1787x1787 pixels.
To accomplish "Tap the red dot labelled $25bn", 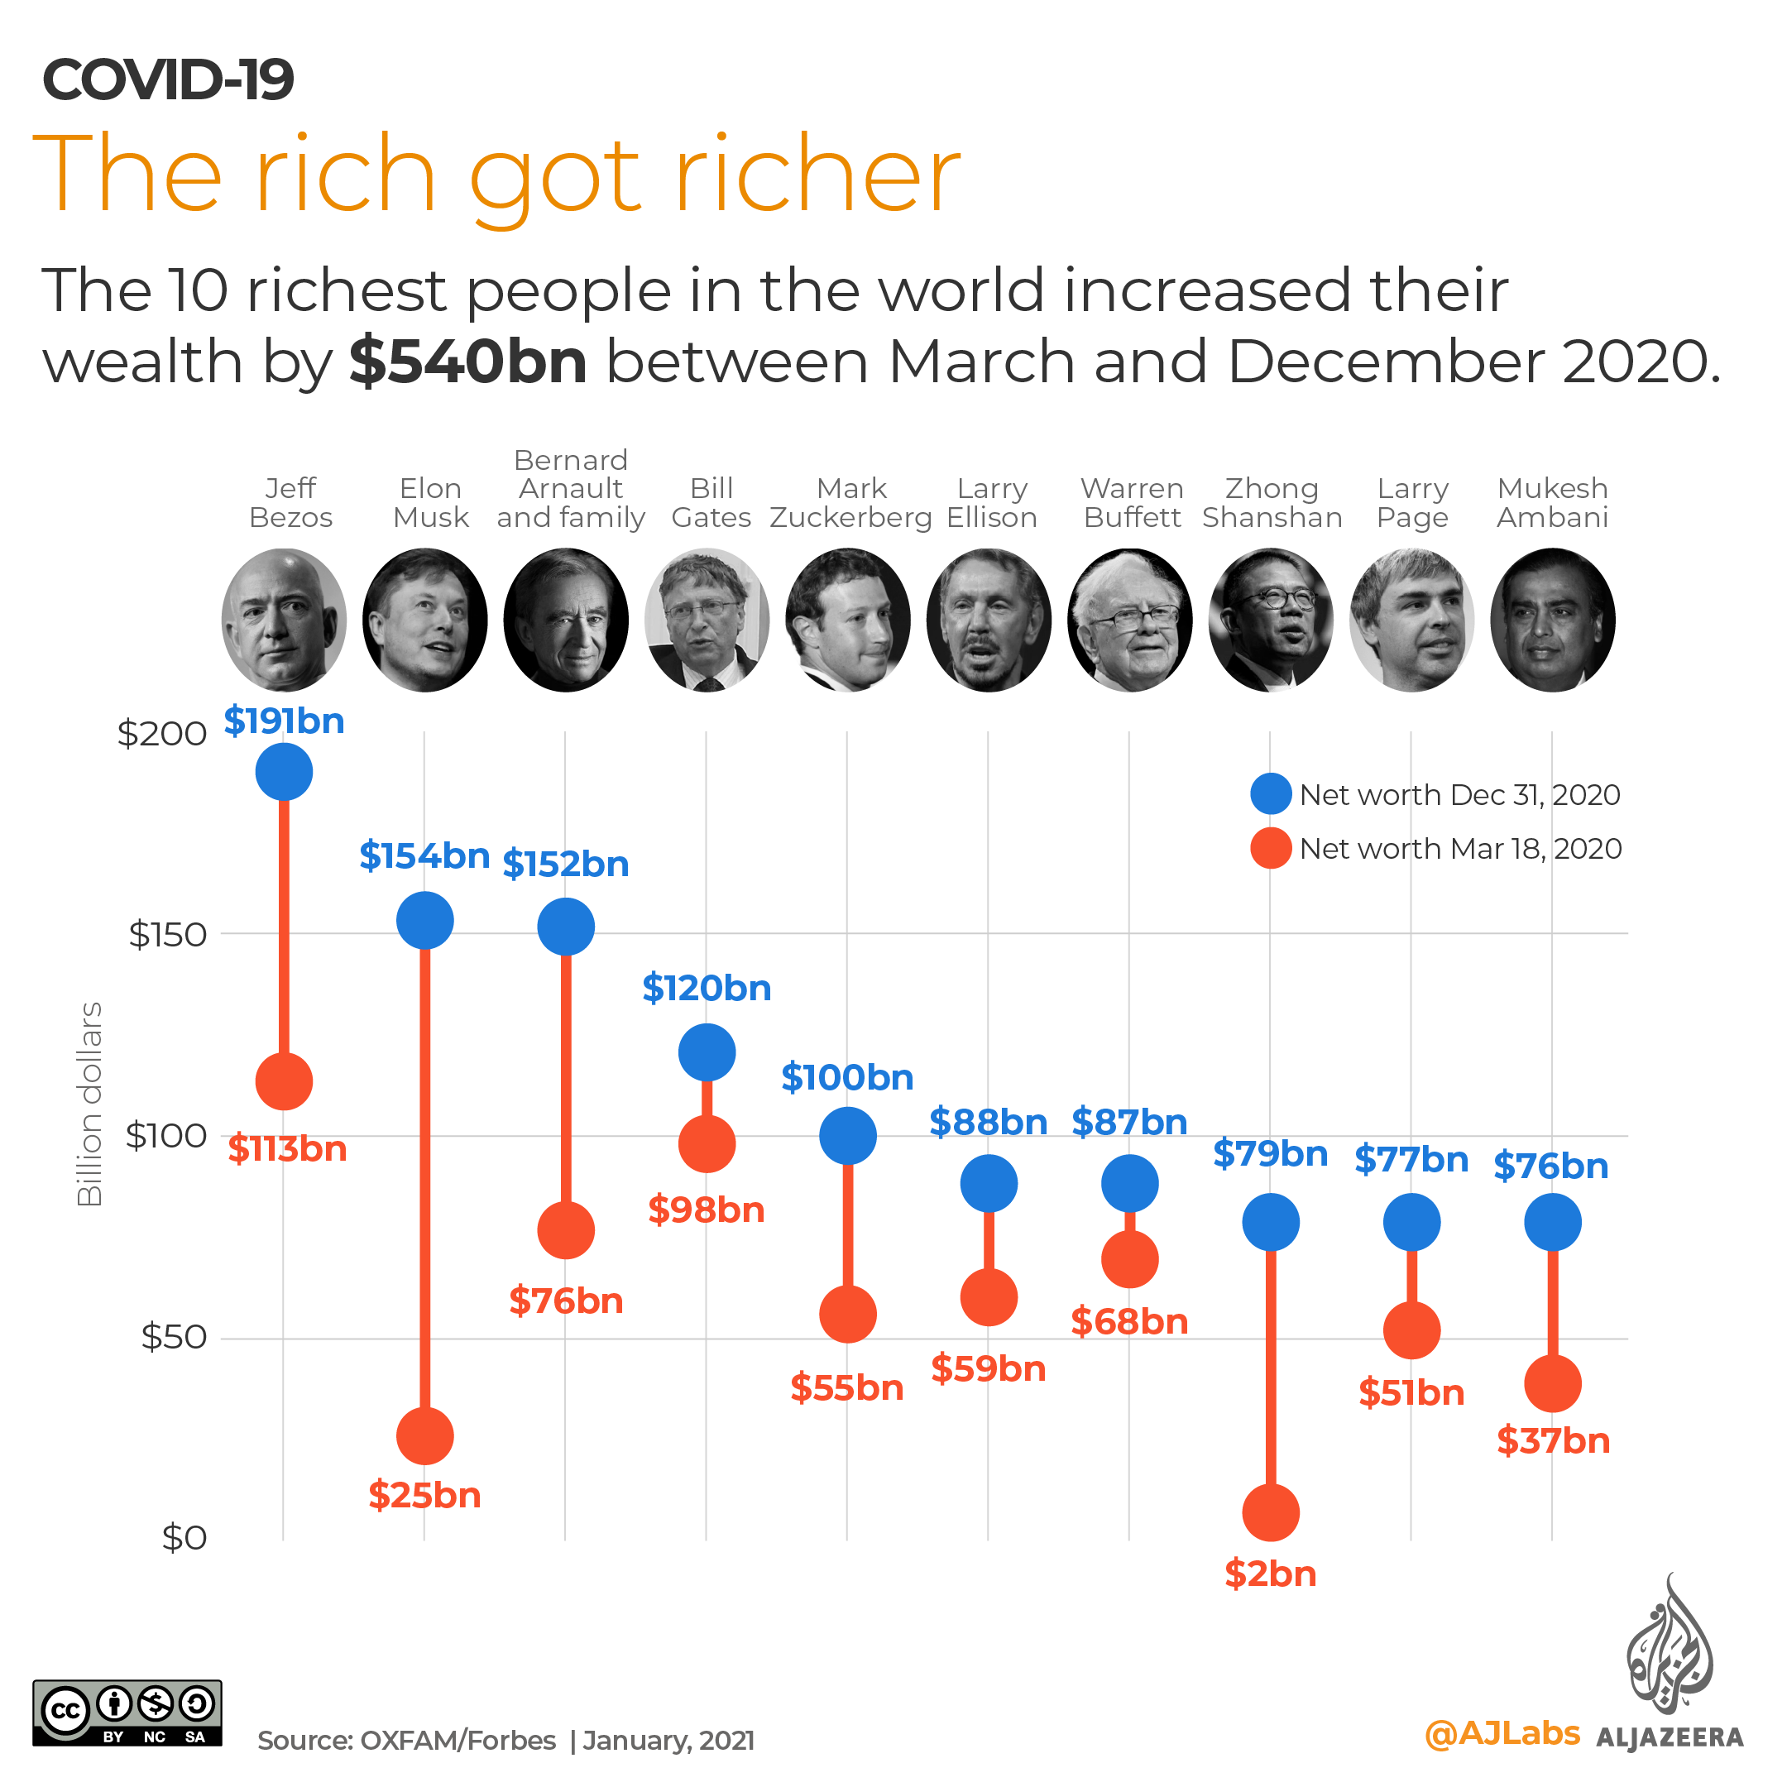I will coord(424,1435).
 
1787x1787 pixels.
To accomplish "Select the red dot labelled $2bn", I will coord(1270,1512).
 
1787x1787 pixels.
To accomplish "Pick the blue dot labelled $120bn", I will coord(707,1052).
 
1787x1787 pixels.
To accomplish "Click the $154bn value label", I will coord(424,855).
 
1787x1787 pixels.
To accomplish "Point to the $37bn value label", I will coord(1553,1440).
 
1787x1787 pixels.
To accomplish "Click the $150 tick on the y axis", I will coord(167,934).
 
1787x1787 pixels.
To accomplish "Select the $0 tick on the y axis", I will coord(183,1537).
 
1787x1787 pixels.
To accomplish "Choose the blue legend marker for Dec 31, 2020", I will coord(1270,793).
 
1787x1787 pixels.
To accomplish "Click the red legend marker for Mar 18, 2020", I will coord(1270,847).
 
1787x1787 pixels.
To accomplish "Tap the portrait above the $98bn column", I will coord(707,619).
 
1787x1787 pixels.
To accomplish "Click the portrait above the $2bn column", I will coord(1270,619).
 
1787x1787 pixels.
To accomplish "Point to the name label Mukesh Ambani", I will coord(1552,502).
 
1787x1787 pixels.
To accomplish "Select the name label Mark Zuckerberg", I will coord(851,502).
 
